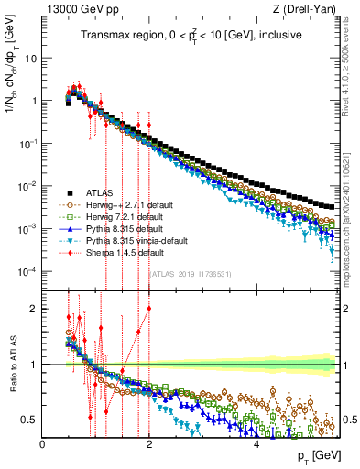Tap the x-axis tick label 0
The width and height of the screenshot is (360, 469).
(x=43, y=444)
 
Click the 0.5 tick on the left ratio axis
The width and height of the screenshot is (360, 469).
(x=31, y=420)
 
